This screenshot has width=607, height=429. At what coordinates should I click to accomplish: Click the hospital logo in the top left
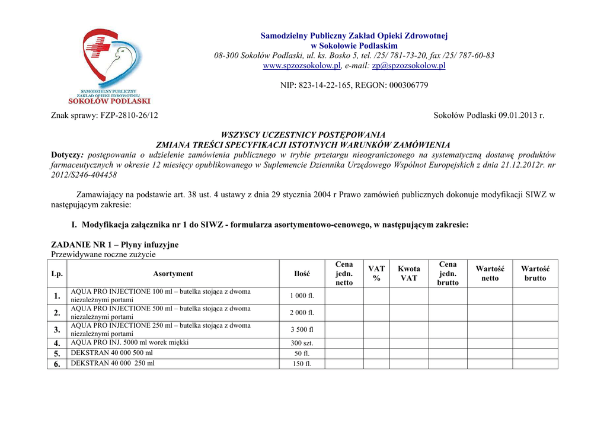pyautogui.click(x=116, y=66)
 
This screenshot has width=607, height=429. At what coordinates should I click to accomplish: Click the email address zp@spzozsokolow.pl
pyautogui.click(x=408, y=66)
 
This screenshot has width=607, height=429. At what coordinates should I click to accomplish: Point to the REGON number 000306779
pyautogui.click(x=408, y=85)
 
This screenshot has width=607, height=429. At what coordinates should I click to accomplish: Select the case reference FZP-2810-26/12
pyautogui.click(x=130, y=116)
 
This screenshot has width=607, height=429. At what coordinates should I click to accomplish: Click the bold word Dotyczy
pyautogui.click(x=67, y=155)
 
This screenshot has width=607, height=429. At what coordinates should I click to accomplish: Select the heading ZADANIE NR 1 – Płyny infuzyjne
pyautogui.click(x=114, y=244)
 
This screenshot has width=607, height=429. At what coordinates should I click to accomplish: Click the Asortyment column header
pyautogui.click(x=173, y=274)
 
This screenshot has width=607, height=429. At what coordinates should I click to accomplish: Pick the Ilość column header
pyautogui.click(x=302, y=274)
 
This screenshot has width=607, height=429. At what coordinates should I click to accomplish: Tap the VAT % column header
pyautogui.click(x=376, y=274)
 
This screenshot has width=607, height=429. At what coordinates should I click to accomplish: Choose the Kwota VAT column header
pyautogui.click(x=409, y=274)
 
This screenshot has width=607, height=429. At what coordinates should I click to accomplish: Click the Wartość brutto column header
pyautogui.click(x=535, y=274)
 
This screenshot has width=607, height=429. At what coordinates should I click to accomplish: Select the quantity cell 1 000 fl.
pyautogui.click(x=302, y=296)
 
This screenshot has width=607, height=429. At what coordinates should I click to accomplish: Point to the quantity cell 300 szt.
pyautogui.click(x=302, y=343)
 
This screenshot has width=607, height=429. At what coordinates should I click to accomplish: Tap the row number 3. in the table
pyautogui.click(x=57, y=329)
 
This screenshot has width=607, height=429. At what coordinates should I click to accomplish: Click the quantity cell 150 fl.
pyautogui.click(x=302, y=364)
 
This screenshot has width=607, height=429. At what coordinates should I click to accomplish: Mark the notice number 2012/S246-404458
pyautogui.click(x=84, y=175)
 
